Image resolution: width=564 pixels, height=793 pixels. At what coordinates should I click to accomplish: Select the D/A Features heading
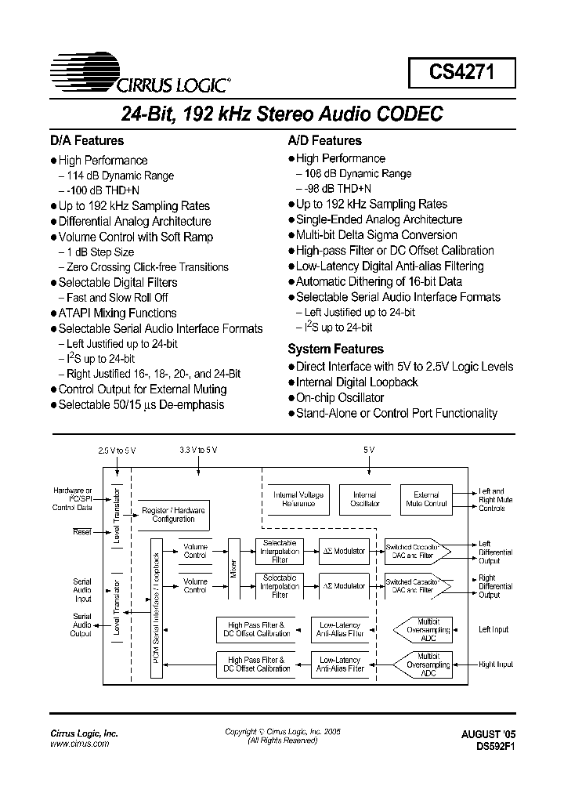tap(87, 141)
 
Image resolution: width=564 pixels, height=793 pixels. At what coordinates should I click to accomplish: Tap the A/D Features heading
tap(324, 141)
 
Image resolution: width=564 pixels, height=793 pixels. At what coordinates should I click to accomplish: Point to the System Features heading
tap(335, 349)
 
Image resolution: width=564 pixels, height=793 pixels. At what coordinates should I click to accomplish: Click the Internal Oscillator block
tap(365, 499)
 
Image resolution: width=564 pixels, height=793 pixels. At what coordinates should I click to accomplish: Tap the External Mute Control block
tap(426, 499)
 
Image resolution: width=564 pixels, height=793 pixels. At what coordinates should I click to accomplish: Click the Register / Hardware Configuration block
tap(173, 514)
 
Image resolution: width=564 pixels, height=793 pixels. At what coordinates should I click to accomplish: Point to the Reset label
tap(82, 531)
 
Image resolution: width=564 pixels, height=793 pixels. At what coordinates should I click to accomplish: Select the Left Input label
tap(493, 629)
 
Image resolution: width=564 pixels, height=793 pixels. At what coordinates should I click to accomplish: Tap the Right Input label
tap(495, 664)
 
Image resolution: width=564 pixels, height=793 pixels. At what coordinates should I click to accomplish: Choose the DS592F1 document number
tap(490, 747)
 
